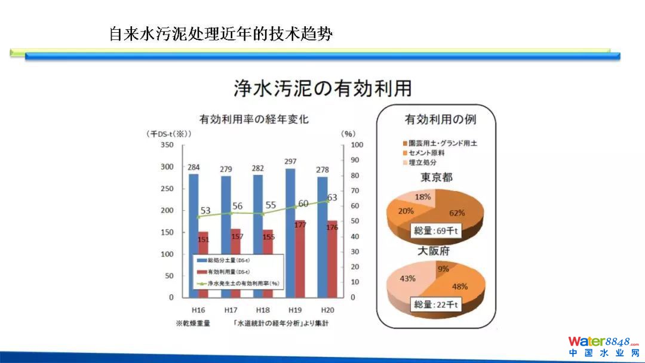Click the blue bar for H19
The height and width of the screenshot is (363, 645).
pyautogui.click(x=291, y=233)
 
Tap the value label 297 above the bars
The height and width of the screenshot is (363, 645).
pyautogui.click(x=291, y=162)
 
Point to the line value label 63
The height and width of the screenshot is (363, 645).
pyautogui.click(x=332, y=198)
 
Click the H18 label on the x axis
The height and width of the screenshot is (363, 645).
pyautogui.click(x=262, y=310)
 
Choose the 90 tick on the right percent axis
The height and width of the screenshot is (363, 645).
pyautogui.click(x=355, y=160)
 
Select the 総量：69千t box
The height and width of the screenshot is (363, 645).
pyautogui.click(x=436, y=230)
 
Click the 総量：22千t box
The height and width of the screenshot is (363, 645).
pyautogui.click(x=436, y=304)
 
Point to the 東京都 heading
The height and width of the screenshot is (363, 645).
pyautogui.click(x=435, y=177)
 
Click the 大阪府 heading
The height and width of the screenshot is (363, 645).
pyautogui.click(x=435, y=251)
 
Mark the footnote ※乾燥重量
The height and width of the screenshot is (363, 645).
pyautogui.click(x=192, y=324)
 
